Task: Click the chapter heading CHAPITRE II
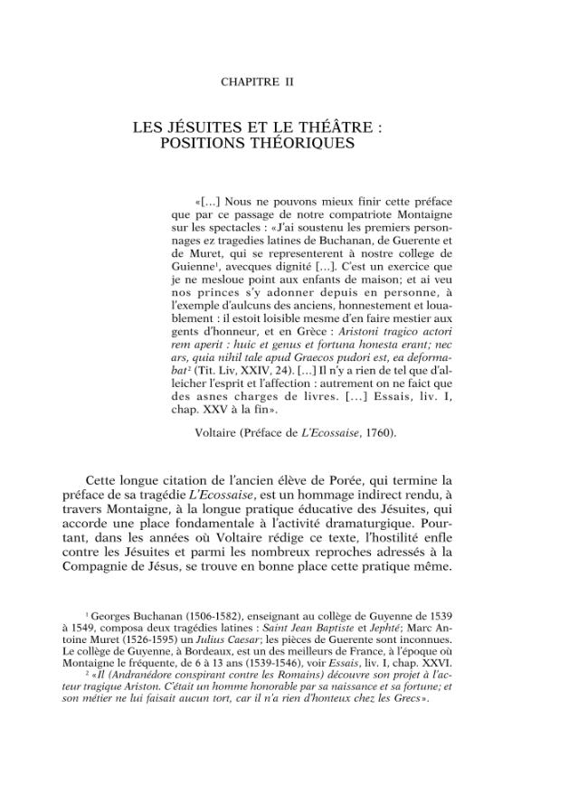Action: pos(257,81)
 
